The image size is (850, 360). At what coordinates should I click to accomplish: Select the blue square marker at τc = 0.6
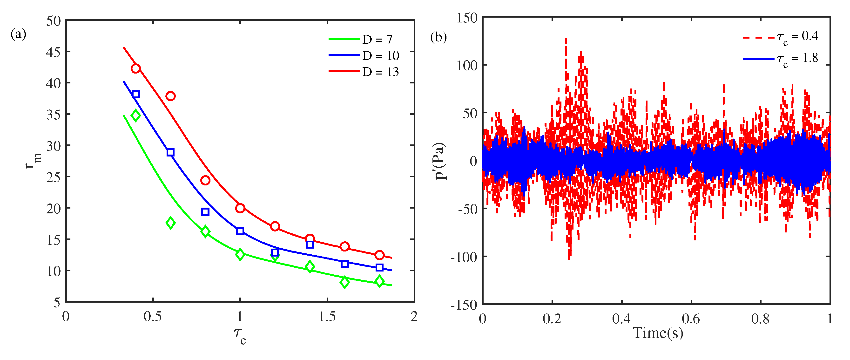pyautogui.click(x=170, y=152)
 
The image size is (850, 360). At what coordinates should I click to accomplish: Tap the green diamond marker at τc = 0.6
pyautogui.click(x=170, y=223)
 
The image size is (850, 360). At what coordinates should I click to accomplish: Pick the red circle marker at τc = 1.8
pyautogui.click(x=379, y=255)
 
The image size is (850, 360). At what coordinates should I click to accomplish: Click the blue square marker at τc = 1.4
pyautogui.click(x=310, y=245)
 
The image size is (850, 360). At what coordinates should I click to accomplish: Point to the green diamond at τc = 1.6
pyautogui.click(x=344, y=282)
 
